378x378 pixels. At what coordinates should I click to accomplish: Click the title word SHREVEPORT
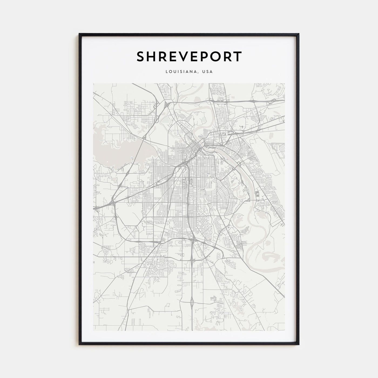pyautogui.click(x=189, y=57)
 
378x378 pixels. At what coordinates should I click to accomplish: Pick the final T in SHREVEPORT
pyautogui.click(x=237, y=57)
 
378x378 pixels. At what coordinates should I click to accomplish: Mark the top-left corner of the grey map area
pyautogui.click(x=93, y=83)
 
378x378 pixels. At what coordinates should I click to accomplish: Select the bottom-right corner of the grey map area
pyautogui.click(x=285, y=331)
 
